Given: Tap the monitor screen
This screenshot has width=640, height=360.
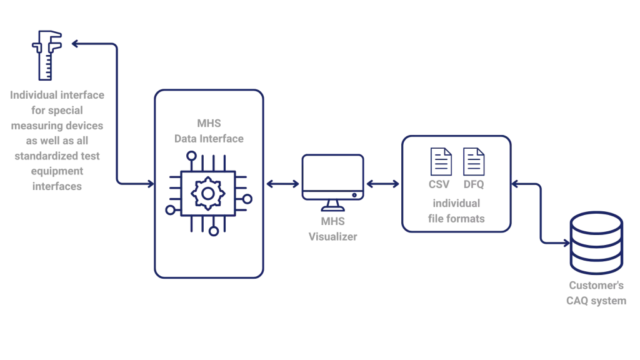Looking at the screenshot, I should click(x=332, y=175).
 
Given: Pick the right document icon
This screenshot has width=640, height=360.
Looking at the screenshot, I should click(x=472, y=161).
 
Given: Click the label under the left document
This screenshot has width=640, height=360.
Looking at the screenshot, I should click(x=437, y=186).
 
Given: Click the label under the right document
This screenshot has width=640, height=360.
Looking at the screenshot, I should click(x=473, y=186).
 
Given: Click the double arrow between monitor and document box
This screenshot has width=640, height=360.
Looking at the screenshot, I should click(x=382, y=184).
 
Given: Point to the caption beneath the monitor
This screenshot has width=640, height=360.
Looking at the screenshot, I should click(x=332, y=229).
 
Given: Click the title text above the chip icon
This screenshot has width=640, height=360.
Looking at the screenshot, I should click(x=208, y=131).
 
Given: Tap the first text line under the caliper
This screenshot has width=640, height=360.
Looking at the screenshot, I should click(x=57, y=95).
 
